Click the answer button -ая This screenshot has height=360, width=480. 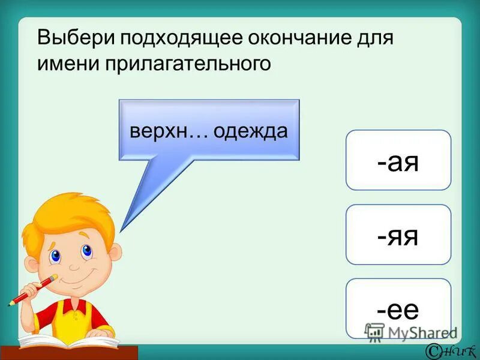click(x=398, y=160)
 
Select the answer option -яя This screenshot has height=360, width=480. click(x=398, y=235)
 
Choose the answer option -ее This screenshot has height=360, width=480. click(x=398, y=308)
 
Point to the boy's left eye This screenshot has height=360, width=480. click(x=56, y=256)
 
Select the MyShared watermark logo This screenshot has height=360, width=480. click(x=411, y=332)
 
